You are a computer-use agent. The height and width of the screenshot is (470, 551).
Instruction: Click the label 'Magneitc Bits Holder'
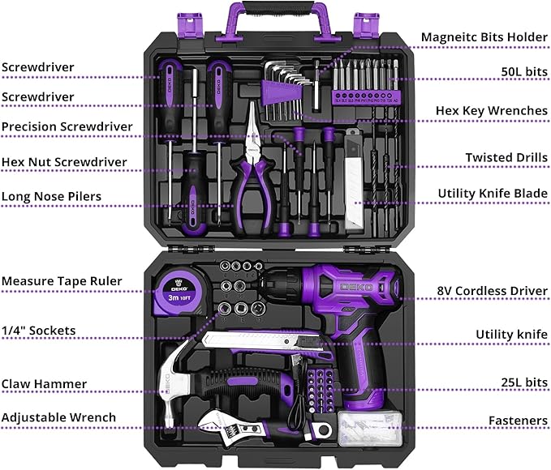[484, 37]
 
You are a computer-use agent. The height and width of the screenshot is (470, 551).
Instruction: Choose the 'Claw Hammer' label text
[44, 384]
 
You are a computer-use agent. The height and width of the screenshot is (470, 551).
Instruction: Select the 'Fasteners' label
[518, 421]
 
